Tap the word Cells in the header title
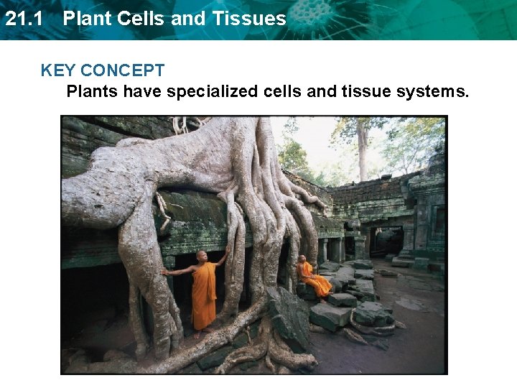(x=144, y=19)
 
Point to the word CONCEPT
(x=123, y=70)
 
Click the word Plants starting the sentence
(x=92, y=92)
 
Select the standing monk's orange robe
(x=204, y=295)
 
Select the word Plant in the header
(x=85, y=19)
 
